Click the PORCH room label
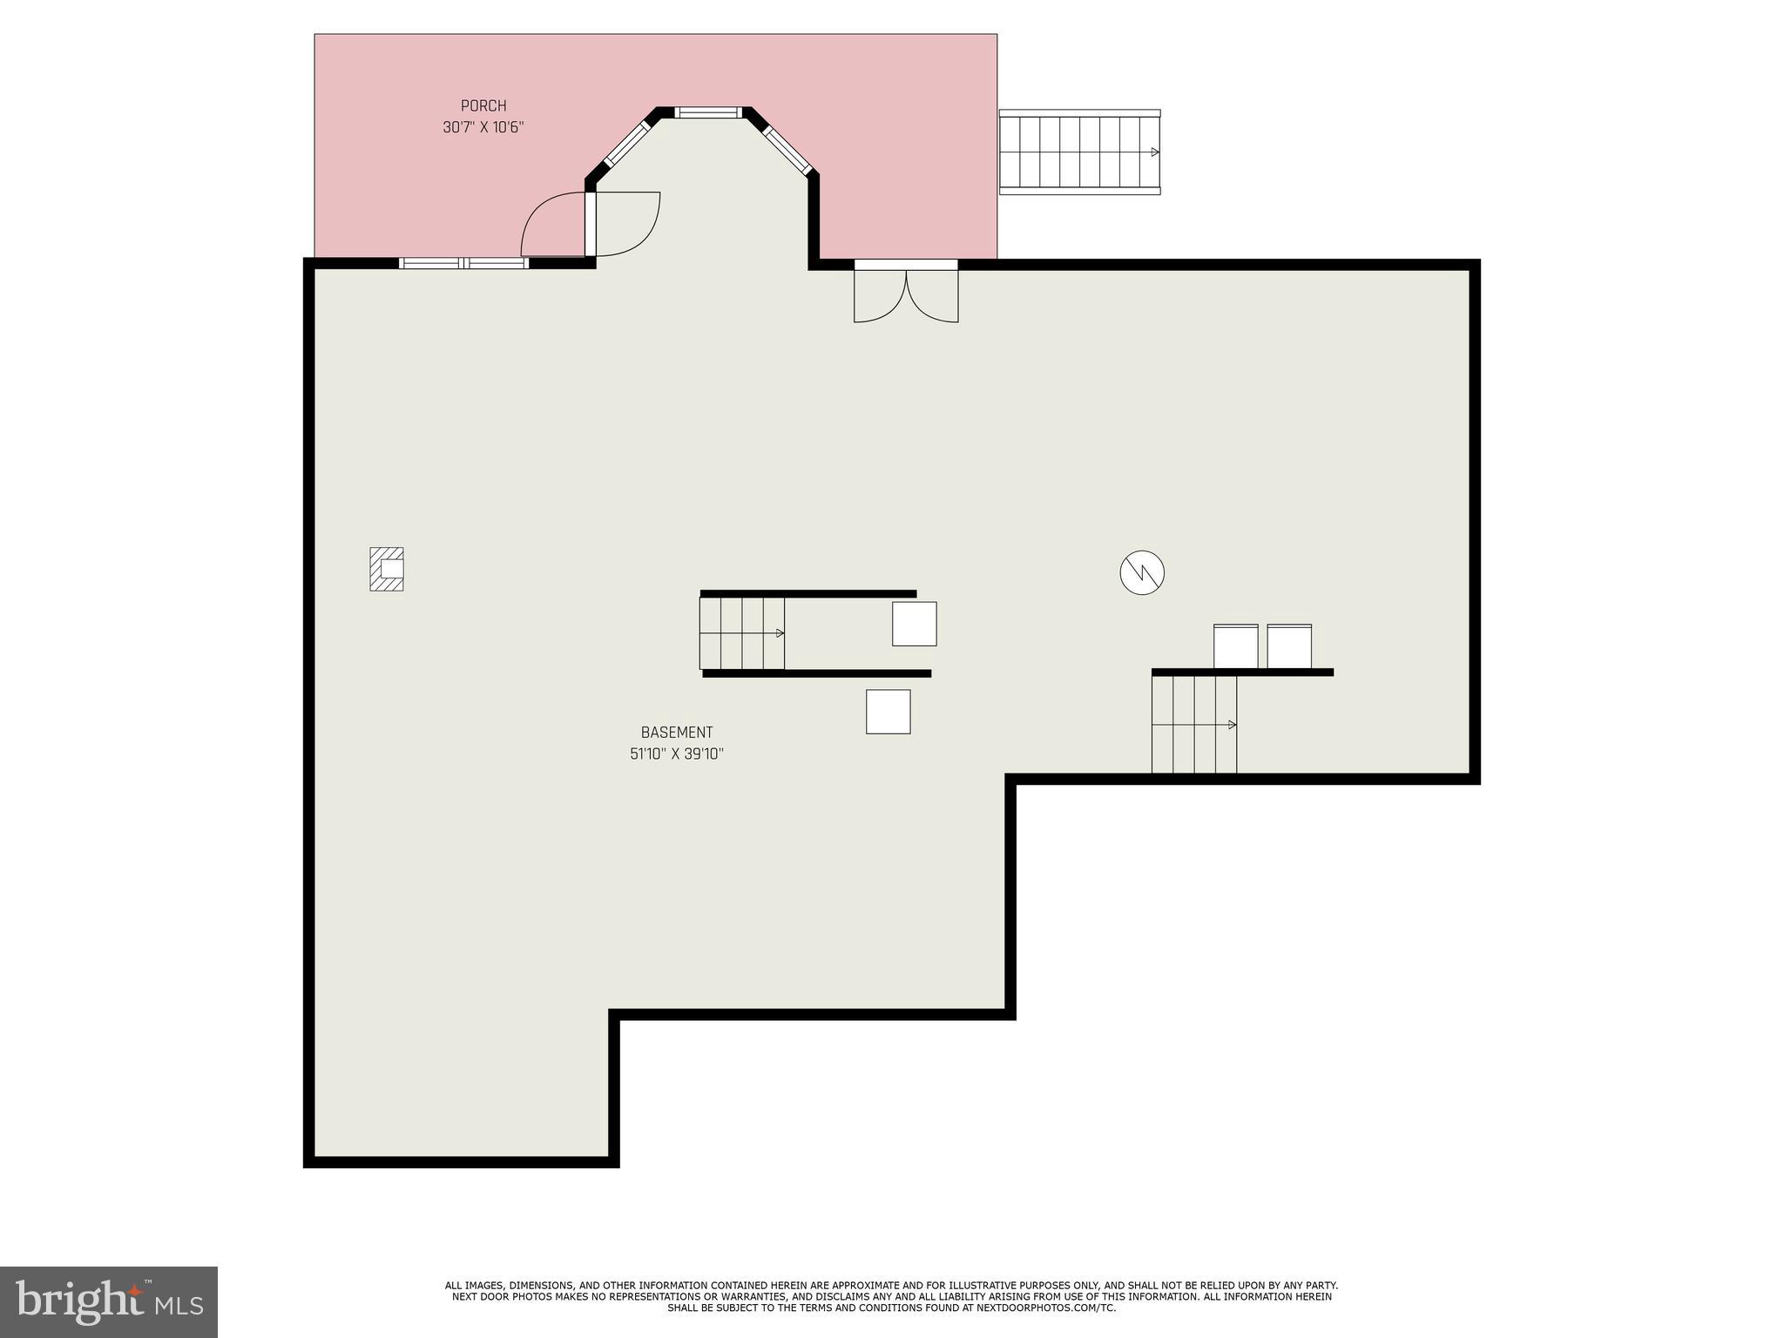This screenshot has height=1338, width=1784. pos(483,106)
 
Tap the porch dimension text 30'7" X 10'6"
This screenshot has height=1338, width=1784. pos(483,127)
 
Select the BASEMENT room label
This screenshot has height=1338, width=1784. pos(677,733)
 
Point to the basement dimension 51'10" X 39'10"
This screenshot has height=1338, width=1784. pos(677,753)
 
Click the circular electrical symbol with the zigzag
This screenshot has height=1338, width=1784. pos(1142,572)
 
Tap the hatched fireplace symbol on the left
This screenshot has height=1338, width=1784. pos(387,569)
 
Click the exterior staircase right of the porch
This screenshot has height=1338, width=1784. pos(1079,152)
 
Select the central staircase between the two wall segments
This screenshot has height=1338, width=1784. pos(742,633)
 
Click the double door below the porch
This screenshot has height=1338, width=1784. pos(906,292)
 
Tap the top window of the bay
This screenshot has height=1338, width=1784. pos(708,112)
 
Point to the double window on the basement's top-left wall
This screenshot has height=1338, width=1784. pos(463,263)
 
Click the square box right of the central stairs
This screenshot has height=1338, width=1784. pos(915,624)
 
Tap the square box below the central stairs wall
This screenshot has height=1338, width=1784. pos(889,712)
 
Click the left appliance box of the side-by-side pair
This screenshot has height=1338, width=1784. pos(1236,646)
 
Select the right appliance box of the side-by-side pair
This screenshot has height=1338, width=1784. pos(1289,646)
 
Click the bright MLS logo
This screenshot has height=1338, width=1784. pos(109,1301)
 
